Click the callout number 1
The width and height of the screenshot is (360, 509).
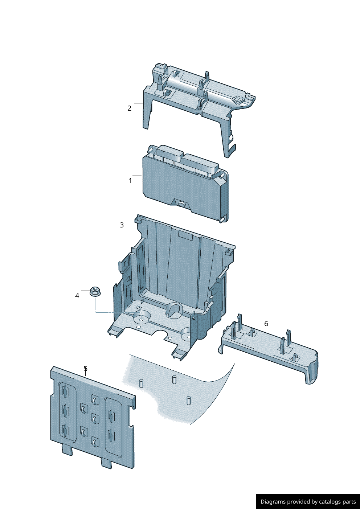(130, 181)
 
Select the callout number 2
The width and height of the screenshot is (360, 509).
(129, 108)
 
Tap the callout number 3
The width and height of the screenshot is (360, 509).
(122, 225)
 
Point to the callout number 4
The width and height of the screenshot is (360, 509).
(77, 296)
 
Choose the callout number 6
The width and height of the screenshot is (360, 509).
(266, 323)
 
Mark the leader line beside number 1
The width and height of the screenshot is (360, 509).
(137, 176)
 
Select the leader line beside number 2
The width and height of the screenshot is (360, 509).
(138, 103)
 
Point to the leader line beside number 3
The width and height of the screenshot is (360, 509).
(129, 220)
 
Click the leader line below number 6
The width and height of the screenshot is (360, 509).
(267, 328)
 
